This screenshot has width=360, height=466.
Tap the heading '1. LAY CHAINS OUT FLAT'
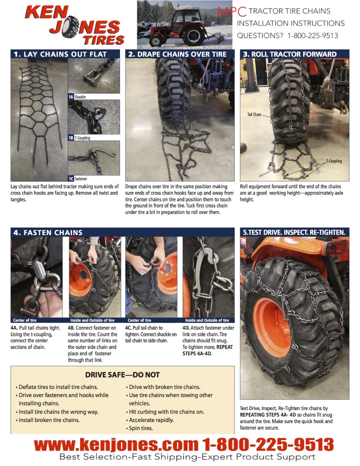[x=60, y=54]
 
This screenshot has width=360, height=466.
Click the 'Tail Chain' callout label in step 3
[x=254, y=114]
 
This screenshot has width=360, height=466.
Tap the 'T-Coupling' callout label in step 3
[x=334, y=161]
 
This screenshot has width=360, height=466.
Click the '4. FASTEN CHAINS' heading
[x=48, y=232]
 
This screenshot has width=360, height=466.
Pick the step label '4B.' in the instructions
[x=71, y=328]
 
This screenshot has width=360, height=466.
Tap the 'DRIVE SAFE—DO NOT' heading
[x=122, y=375]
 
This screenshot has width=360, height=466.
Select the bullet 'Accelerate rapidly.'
[x=151, y=420]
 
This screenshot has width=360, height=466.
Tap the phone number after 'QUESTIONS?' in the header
[x=313, y=35]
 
